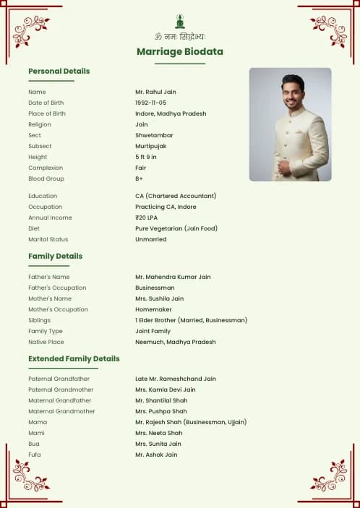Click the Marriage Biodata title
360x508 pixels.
(x=179, y=51)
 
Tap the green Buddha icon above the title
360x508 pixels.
(x=179, y=22)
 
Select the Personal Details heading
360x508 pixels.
(x=59, y=71)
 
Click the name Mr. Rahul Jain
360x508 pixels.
(x=155, y=92)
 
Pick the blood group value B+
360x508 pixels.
(x=139, y=178)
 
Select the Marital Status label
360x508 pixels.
(x=48, y=239)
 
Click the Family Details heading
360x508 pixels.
(x=55, y=256)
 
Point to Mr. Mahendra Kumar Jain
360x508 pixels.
(x=173, y=277)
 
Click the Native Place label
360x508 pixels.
(x=46, y=342)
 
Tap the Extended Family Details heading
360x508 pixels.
(x=74, y=358)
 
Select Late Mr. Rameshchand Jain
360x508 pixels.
(x=175, y=379)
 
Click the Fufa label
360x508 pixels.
(x=35, y=455)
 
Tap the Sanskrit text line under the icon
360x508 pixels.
(x=179, y=36)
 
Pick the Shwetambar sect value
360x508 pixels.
(x=153, y=135)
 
